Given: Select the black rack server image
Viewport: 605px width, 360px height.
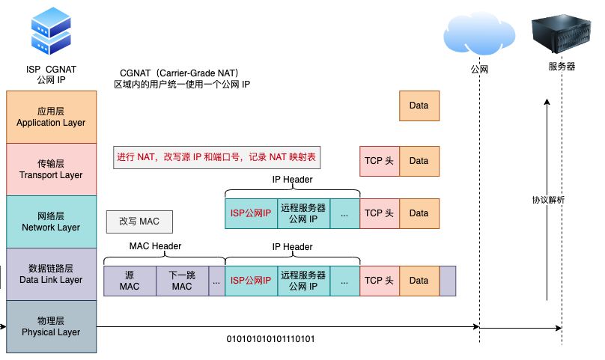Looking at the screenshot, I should click(562, 31).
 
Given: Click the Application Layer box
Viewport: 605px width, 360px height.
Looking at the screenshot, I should click(51, 117).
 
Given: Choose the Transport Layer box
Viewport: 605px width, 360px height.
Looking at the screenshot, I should click(51, 169).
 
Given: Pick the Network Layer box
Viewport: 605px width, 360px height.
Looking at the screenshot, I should click(51, 222).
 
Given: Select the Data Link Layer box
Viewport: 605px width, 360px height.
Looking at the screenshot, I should click(51, 274).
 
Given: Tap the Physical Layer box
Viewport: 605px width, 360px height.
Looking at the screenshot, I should click(51, 326).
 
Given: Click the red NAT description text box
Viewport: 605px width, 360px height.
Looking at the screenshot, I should click(216, 157).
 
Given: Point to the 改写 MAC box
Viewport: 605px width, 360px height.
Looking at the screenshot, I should click(139, 222).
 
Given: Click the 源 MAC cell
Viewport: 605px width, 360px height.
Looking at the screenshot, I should click(130, 281).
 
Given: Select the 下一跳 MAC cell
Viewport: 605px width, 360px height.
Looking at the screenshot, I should click(182, 281).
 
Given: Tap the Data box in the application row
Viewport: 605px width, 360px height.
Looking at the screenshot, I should click(419, 106).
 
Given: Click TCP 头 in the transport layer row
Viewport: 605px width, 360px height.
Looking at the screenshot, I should click(379, 161).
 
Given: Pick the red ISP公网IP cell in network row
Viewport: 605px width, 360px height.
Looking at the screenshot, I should click(251, 213).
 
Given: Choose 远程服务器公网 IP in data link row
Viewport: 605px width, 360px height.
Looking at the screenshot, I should click(303, 281).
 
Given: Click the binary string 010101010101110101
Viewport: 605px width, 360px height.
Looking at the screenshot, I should click(271, 339).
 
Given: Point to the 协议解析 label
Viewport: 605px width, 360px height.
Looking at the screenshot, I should click(548, 200).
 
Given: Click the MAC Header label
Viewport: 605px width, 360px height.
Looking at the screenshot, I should click(155, 246).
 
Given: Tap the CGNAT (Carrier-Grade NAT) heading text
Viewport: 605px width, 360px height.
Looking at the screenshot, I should click(179, 73).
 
